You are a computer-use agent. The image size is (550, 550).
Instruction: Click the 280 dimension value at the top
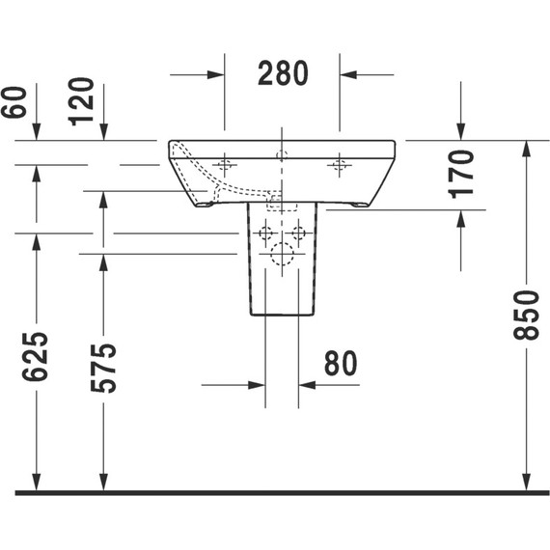point(283,73)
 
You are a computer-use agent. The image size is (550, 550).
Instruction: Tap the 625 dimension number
point(36,356)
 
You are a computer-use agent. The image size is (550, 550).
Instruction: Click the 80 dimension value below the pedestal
point(340,363)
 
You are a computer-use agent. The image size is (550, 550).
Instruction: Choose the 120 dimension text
point(82,99)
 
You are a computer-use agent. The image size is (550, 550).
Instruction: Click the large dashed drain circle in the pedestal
point(282,255)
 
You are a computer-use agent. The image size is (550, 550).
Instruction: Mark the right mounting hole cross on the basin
point(339,165)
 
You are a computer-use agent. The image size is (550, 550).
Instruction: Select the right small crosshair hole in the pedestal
point(299,233)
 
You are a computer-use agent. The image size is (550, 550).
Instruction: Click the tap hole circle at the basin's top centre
point(282,154)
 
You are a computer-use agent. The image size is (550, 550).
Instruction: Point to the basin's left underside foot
point(206,204)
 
